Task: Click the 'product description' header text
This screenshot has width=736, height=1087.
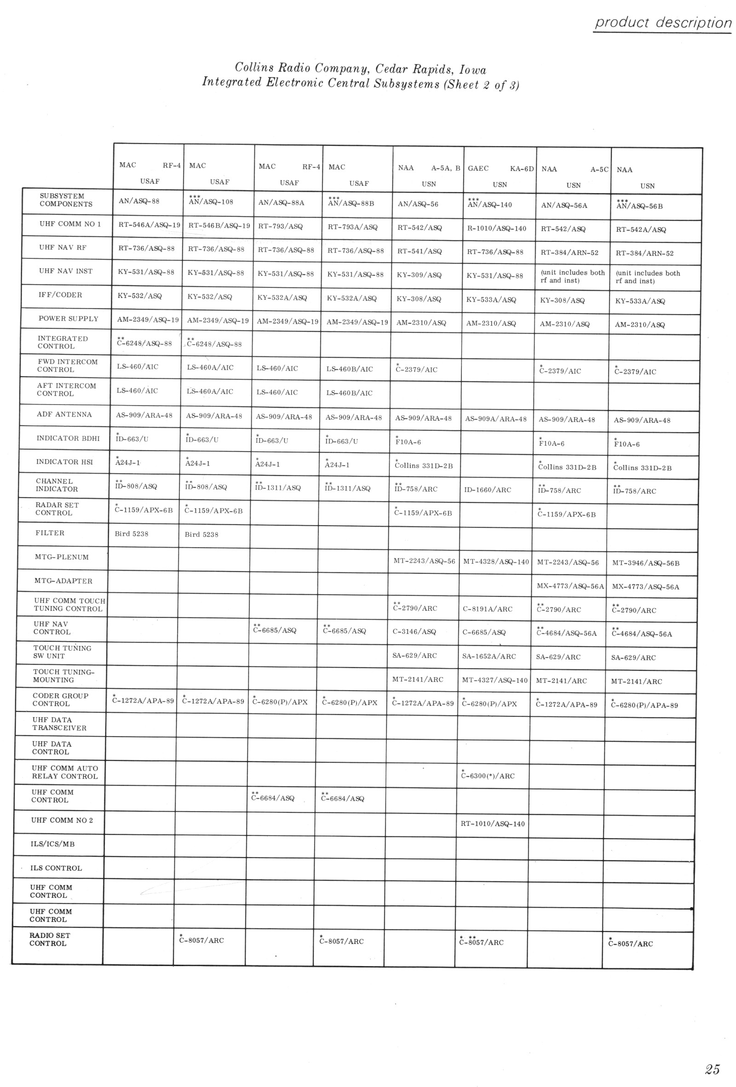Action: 662,23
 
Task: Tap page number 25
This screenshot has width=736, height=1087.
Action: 712,1056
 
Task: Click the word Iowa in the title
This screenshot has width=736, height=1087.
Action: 472,70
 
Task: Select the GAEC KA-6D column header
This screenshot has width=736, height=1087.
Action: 500,175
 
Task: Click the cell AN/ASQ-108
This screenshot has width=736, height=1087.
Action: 211,202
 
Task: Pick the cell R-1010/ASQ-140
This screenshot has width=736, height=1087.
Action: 496,229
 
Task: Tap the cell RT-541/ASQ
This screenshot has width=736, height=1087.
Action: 419,252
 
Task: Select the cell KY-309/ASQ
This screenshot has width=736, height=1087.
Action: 419,275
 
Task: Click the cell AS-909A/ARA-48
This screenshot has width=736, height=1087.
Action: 495,419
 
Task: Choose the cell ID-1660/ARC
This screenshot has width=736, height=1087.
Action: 488,490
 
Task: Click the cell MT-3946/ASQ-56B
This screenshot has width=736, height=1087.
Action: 646,563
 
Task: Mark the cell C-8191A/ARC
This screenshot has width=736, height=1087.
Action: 488,609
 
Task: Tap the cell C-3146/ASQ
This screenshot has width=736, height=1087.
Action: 414,632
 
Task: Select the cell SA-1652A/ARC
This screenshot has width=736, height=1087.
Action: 489,657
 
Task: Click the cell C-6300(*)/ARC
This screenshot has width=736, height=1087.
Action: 488,776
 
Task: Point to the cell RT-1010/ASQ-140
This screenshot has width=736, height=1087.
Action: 493,824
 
